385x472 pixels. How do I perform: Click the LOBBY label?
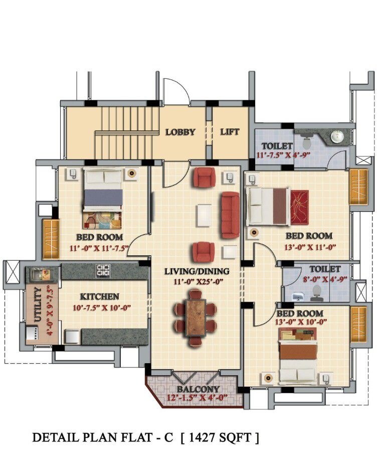pos(180,132)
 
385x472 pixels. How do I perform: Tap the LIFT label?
pos(230,132)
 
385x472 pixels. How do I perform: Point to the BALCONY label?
pos(198,389)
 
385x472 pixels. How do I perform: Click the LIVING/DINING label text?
pos(197,271)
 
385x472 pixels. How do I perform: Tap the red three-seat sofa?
pos(230,215)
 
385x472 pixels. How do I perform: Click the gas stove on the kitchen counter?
pos(103,271)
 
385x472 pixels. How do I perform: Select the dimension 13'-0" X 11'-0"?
pos(309,246)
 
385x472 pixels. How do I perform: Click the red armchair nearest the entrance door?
pos(204,177)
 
